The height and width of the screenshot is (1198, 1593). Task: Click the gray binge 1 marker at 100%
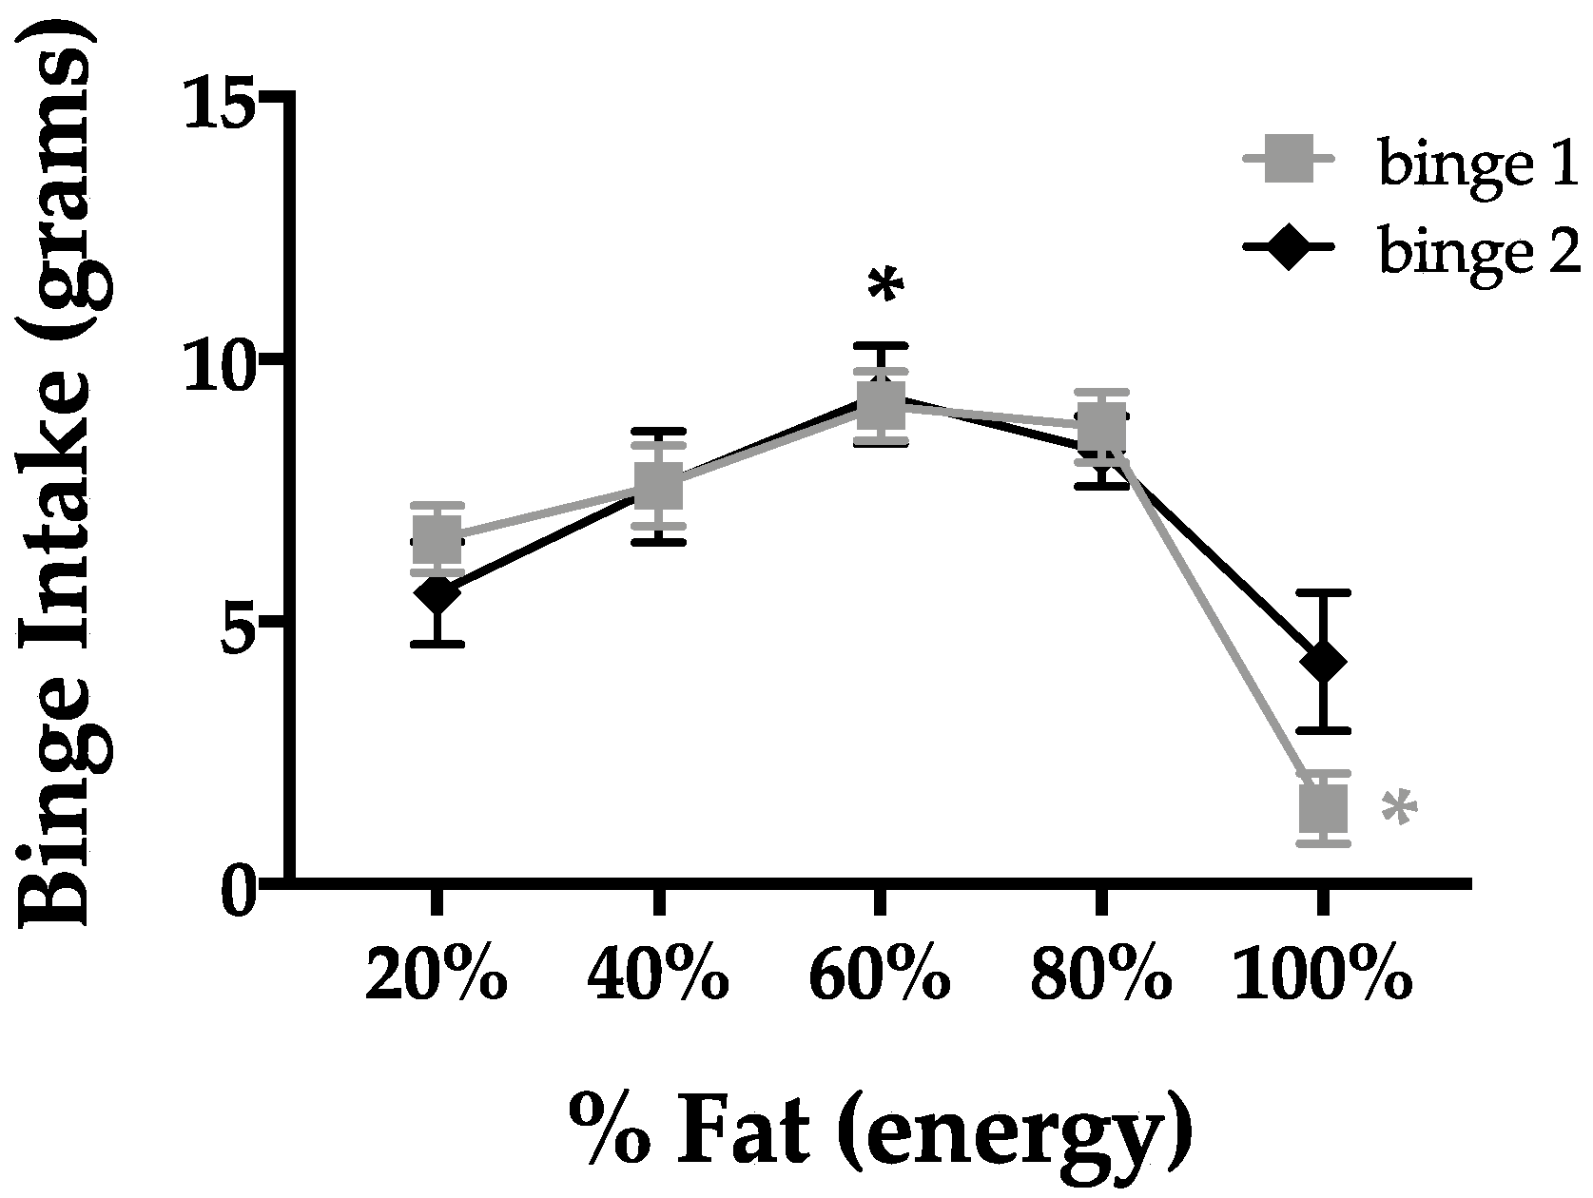1322,809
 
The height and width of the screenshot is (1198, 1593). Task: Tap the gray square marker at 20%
437,538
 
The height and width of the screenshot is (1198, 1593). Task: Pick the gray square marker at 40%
658,486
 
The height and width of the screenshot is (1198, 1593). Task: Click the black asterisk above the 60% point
884,285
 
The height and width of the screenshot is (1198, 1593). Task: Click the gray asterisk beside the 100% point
1399,809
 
